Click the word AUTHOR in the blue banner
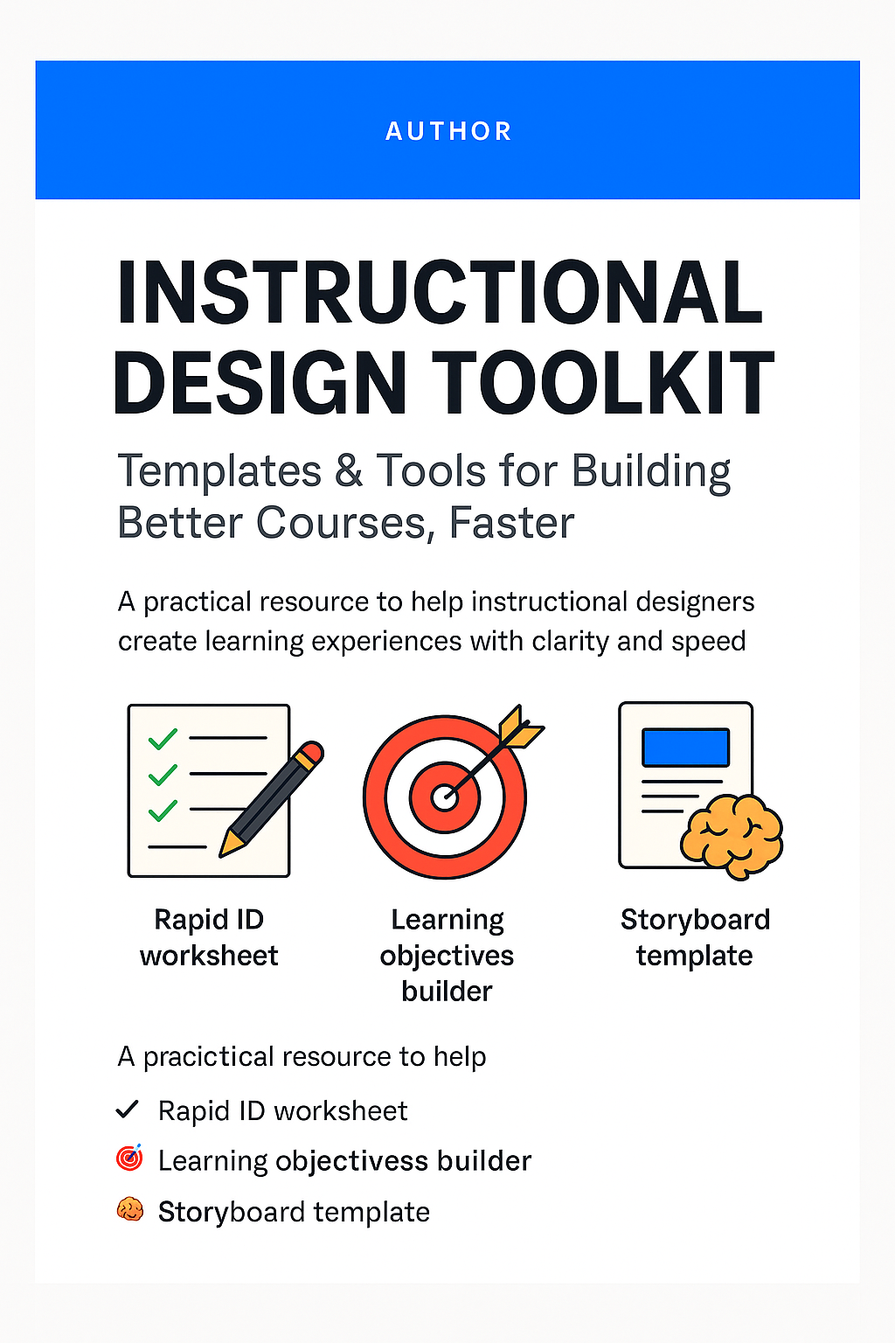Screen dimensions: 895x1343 click(448, 131)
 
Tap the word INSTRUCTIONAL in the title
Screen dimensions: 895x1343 click(440, 293)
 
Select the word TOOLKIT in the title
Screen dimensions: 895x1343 click(603, 381)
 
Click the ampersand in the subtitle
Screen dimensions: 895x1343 click(348, 470)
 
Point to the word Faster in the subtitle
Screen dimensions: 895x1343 click(512, 523)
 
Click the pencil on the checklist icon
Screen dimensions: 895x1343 click(271, 799)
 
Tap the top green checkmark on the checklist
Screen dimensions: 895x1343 click(163, 739)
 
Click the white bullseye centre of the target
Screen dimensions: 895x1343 click(444, 797)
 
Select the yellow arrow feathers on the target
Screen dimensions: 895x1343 click(519, 727)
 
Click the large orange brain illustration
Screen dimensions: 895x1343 click(732, 837)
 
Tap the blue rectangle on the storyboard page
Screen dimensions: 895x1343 click(685, 747)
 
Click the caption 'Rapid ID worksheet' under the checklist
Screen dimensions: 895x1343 click(209, 937)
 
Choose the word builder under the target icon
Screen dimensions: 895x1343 click(447, 991)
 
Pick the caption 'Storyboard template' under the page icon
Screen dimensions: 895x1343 click(695, 937)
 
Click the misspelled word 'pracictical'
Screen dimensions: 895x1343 click(209, 1056)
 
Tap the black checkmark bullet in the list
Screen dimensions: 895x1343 click(127, 1110)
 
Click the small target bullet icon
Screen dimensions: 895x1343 click(129, 1158)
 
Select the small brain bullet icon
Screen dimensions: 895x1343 click(130, 1209)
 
